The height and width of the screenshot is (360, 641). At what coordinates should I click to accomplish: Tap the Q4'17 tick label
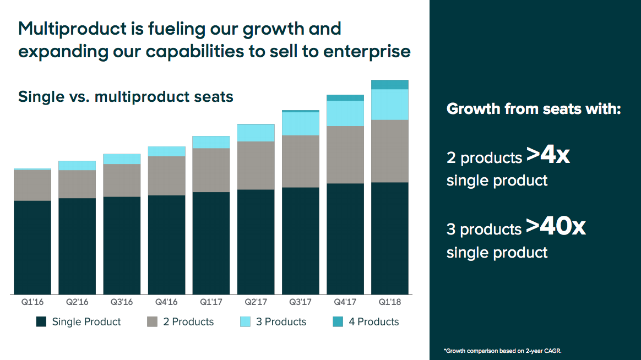[x=345, y=303]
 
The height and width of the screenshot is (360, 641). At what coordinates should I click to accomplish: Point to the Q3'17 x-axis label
[x=301, y=303]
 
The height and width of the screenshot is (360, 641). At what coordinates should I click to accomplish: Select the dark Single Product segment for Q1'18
[x=390, y=238]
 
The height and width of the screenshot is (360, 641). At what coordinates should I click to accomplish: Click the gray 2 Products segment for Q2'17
[x=256, y=165]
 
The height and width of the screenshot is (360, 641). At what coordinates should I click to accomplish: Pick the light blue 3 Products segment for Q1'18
[x=390, y=104]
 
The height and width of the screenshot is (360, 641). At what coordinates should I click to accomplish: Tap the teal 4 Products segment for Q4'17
[x=345, y=97]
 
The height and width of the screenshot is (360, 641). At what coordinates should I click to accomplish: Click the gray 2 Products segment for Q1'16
[x=32, y=185]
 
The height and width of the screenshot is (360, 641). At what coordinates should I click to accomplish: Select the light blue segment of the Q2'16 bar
[x=77, y=165]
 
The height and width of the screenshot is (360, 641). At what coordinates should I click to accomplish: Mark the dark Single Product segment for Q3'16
[x=122, y=245]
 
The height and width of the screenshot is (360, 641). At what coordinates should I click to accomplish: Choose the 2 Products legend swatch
[x=153, y=322]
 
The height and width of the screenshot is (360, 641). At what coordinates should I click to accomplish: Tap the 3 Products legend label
[x=281, y=322]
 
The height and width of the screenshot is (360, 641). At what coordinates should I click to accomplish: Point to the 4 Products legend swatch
[x=338, y=322]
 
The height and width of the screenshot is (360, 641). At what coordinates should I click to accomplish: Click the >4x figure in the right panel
[x=547, y=156]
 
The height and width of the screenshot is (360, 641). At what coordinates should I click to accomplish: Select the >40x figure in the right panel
[x=555, y=227]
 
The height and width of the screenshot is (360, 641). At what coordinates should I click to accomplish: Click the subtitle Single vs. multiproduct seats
[x=126, y=97]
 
